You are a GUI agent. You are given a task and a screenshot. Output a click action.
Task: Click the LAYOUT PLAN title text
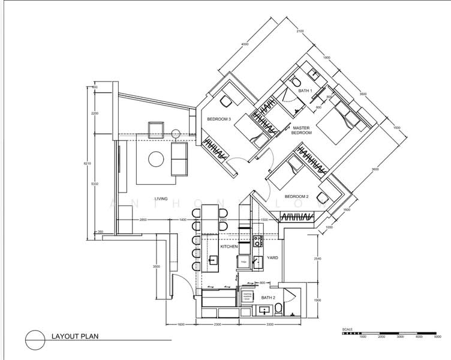tap(74, 336)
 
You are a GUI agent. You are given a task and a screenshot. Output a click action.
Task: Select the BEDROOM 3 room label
tap(219, 119)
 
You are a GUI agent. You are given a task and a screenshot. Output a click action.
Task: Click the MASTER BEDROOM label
tap(302, 130)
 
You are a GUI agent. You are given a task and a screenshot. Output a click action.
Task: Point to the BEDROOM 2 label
tap(296, 197)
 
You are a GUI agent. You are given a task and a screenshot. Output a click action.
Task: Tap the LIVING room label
tap(161, 198)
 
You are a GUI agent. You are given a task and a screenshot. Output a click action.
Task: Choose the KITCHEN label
tap(229, 247)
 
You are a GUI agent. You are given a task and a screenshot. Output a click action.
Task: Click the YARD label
tap(272, 257)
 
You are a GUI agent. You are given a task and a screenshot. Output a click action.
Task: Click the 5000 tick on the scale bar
tap(437, 337)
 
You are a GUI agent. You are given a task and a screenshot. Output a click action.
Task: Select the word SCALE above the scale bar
tap(347, 329)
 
